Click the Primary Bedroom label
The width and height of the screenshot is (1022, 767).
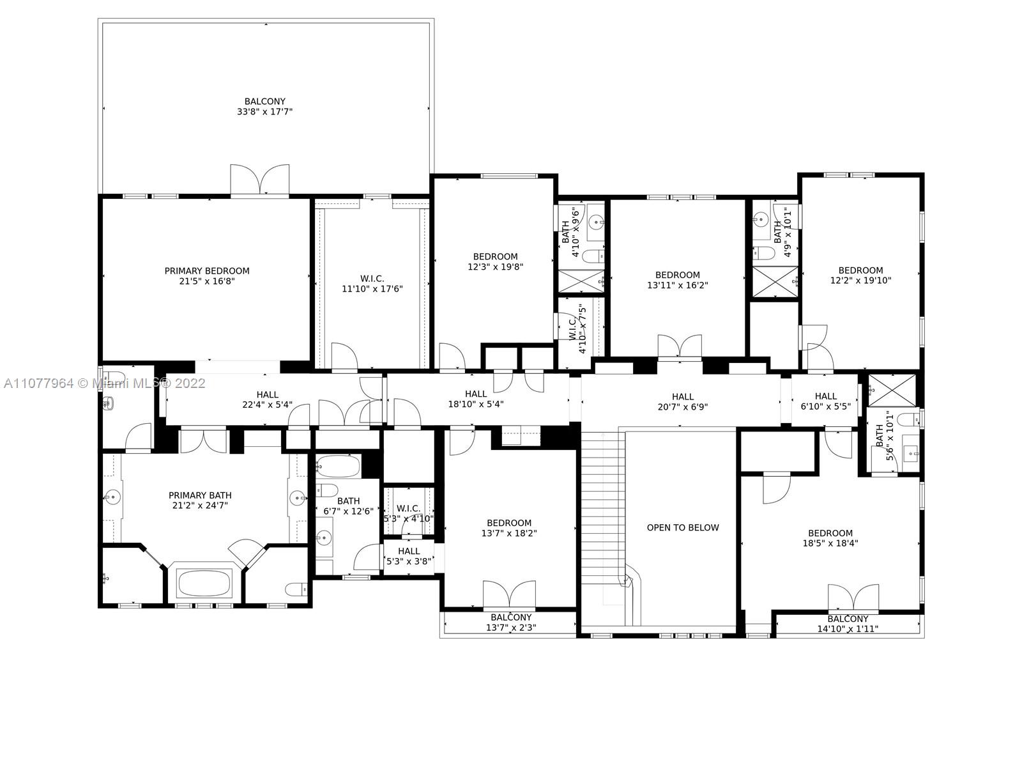[x=207, y=275]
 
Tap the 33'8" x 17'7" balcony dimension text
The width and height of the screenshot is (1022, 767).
[x=264, y=112]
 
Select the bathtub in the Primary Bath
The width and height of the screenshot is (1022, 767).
[x=204, y=584]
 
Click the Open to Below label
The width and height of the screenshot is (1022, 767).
[x=683, y=528]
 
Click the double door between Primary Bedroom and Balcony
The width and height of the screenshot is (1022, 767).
[x=260, y=180]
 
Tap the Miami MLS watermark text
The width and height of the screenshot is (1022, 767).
[x=105, y=383]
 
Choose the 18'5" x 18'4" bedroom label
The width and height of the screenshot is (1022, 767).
[x=830, y=538]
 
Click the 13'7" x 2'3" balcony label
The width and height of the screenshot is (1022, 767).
[x=511, y=623]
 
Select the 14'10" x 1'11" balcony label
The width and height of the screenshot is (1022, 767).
[x=848, y=624]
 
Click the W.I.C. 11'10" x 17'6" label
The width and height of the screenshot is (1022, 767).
[x=372, y=284]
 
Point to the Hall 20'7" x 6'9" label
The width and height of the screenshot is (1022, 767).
[x=683, y=401]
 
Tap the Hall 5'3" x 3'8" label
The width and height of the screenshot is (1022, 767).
[x=409, y=556]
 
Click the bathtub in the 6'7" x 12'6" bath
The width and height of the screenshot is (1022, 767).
[x=339, y=466]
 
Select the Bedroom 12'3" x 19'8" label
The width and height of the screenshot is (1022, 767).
[x=496, y=261]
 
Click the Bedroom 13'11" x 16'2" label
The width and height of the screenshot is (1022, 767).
[x=678, y=280]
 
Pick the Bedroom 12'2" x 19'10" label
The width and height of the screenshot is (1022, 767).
[x=860, y=275]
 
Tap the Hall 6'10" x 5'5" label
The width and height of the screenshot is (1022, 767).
[x=825, y=401]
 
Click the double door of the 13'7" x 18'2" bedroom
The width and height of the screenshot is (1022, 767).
[x=509, y=594]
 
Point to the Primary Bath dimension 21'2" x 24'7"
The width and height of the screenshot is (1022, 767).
[x=200, y=506]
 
